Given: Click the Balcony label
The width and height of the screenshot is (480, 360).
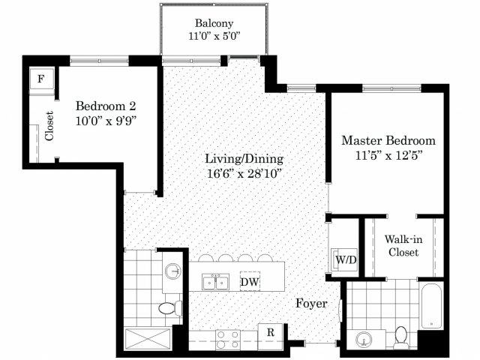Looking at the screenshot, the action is [214, 23].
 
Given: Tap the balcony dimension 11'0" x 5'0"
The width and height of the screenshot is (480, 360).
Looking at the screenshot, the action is [214, 37].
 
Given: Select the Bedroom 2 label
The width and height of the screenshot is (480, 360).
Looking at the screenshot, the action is [106, 106].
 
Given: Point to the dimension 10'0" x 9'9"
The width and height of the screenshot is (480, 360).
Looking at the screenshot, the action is [106, 121].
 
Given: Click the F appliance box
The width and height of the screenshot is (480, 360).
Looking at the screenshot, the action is [41, 79].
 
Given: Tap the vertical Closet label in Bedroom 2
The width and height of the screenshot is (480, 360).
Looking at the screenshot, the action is [49, 126].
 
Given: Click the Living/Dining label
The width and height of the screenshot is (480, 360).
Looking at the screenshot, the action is [244, 159].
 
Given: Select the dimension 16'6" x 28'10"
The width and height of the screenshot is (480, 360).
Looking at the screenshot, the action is [244, 174].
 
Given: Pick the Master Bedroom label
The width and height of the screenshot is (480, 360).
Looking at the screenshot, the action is [388, 140].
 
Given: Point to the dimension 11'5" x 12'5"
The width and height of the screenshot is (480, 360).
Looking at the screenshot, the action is [388, 155].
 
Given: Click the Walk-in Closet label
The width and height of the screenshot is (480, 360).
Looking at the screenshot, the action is [403, 246].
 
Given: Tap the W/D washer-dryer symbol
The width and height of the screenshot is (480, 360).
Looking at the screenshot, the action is [345, 259].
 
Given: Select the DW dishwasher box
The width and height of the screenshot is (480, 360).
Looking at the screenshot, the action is [250, 281].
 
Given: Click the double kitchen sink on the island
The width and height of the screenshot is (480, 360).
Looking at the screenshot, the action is [215, 281].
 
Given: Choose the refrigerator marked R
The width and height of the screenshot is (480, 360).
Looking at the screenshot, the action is [270, 332].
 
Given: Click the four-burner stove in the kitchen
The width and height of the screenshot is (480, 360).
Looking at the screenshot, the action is [228, 340].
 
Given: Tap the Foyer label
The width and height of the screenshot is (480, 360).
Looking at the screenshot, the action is [312, 303].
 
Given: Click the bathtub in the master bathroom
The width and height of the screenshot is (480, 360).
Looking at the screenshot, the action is [432, 305].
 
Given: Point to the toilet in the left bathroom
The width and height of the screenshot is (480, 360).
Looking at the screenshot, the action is [170, 308].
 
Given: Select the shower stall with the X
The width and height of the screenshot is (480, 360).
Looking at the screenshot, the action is [148, 338].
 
